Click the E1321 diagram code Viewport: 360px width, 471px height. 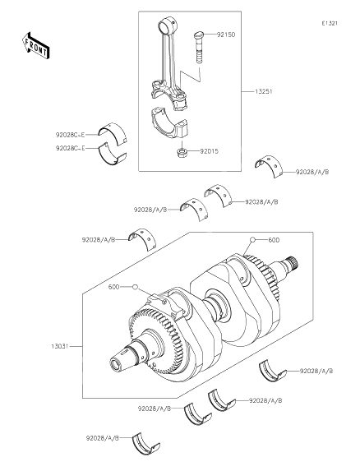[x=330, y=24]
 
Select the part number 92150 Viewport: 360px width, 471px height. [x=226, y=35]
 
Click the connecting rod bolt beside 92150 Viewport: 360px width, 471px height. [x=200, y=46]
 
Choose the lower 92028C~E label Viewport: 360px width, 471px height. [x=71, y=148]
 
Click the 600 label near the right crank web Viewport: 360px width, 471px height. [x=274, y=239]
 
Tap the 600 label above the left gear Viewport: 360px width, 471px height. [x=114, y=287]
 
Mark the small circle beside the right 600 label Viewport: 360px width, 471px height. [x=254, y=239]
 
